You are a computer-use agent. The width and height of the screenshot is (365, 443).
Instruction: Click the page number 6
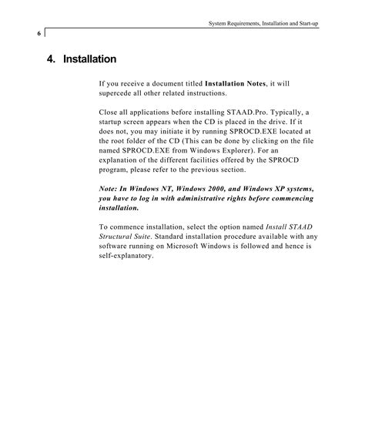tap(38, 33)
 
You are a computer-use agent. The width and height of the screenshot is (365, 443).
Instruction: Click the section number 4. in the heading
tap(52, 59)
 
